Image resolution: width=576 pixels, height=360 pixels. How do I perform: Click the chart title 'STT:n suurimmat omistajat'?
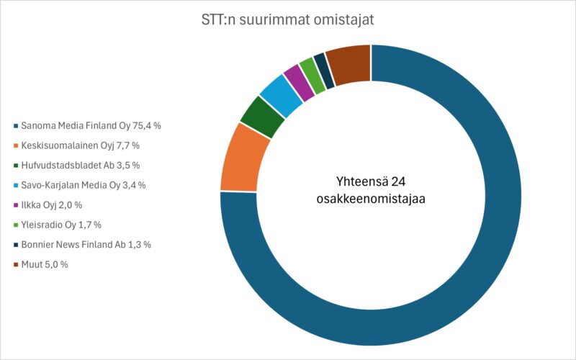(x=287, y=19)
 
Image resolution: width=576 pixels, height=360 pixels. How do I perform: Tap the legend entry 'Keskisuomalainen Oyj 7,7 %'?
(x=80, y=145)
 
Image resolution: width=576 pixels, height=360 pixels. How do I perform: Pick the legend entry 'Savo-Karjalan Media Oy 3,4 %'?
(x=84, y=185)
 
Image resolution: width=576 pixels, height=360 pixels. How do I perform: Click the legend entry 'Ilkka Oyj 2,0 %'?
(x=57, y=205)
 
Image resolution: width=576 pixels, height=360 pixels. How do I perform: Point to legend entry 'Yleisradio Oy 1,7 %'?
(x=65, y=225)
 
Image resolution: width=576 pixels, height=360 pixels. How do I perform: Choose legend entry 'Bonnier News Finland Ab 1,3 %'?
(x=86, y=245)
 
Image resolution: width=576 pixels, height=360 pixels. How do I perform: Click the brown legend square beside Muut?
(x=15, y=265)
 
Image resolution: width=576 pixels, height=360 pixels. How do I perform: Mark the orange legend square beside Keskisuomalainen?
(x=15, y=145)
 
